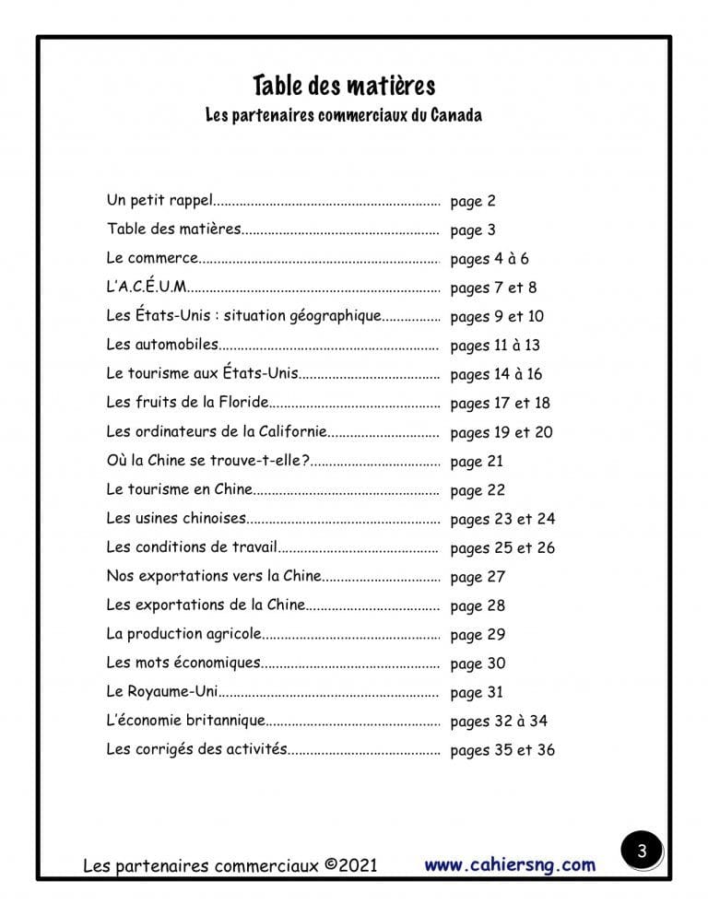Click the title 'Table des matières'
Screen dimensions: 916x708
point(344,87)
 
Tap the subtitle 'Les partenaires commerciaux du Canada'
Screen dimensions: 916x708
point(344,117)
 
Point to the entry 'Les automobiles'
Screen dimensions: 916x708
point(162,345)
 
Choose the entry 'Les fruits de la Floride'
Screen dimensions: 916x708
point(187,402)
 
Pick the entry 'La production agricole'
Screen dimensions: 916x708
point(183,633)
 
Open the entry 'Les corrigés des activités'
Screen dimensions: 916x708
point(196,748)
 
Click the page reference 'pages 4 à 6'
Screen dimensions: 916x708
point(490,259)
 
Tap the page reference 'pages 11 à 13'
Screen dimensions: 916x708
point(495,346)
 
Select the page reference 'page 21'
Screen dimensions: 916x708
point(477,461)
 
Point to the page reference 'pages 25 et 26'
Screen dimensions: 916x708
point(502,547)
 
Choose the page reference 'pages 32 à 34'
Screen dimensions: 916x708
point(499,721)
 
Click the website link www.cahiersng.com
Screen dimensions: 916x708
point(510,864)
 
